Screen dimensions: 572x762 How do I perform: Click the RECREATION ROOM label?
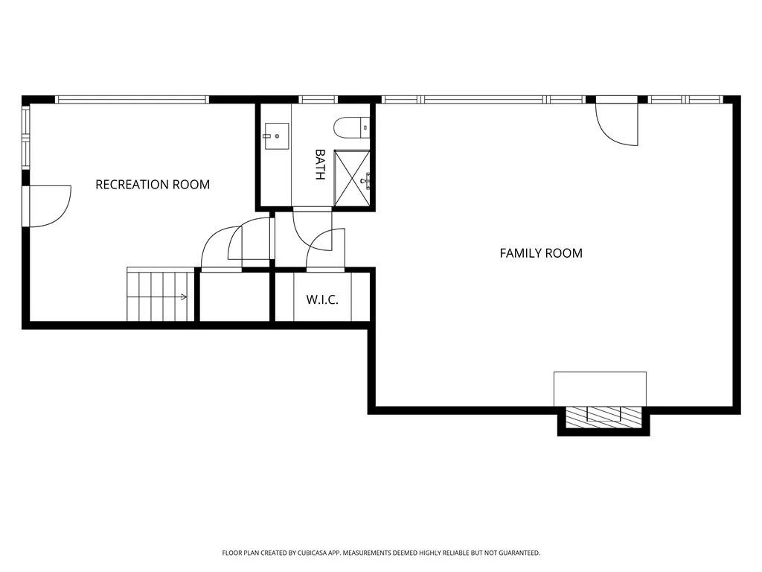pos(153,185)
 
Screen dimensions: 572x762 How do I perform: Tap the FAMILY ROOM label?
pos(541,253)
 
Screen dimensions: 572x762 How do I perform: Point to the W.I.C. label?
pos(322,300)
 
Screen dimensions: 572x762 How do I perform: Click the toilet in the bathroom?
pos(350,128)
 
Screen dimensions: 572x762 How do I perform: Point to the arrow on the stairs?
pos(182,297)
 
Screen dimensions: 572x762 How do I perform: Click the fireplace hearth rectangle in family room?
pos(600,389)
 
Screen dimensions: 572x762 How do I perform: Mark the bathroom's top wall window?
pos(318,99)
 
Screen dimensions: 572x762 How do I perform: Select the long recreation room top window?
pos(131,99)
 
